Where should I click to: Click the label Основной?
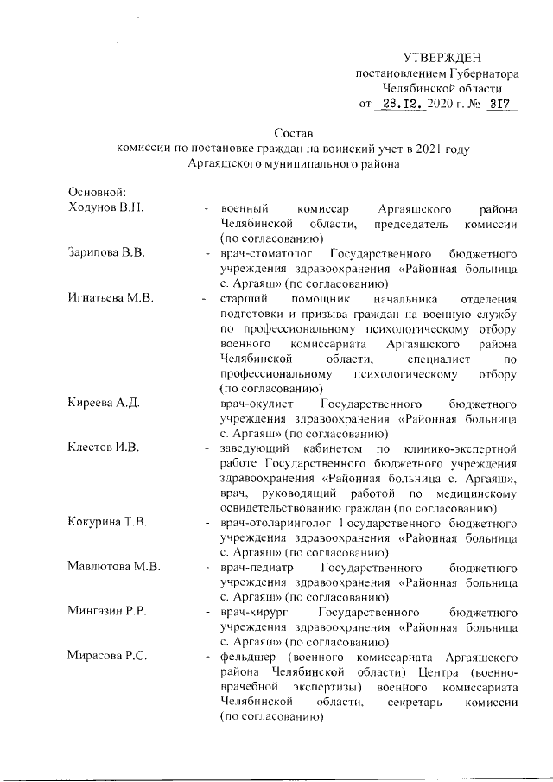98,194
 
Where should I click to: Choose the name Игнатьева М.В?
111,298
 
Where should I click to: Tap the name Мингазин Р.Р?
107,612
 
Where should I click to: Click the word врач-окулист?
258,403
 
